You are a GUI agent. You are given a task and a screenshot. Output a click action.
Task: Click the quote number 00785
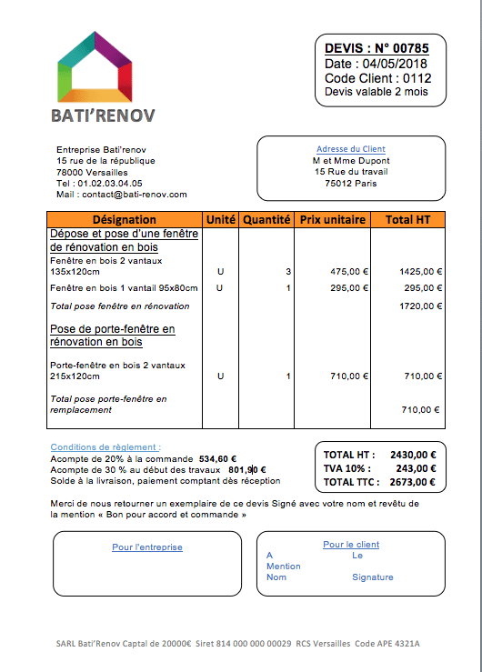coord(408,48)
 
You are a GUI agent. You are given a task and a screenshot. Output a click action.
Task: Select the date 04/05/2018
coord(394,64)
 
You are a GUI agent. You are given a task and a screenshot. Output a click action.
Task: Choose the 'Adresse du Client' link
coord(351,149)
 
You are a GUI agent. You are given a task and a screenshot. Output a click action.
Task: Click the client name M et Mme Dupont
coord(351,160)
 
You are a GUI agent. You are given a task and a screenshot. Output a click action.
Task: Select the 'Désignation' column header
coord(125,220)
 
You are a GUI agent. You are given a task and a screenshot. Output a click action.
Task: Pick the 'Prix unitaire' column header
coord(333,220)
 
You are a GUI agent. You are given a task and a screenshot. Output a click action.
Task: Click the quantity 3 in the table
coord(288,271)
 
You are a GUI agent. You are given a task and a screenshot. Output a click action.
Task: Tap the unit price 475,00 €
coord(349,271)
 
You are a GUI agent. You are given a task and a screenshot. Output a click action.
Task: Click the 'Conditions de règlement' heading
coord(105,447)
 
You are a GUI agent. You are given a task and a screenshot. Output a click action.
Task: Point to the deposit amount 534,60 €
coord(218,459)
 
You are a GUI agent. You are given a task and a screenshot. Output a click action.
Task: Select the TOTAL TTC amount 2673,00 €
coord(414,482)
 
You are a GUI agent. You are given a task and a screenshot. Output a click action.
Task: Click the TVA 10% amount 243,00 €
coord(417,468)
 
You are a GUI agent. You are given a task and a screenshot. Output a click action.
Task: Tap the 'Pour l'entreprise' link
coord(147,547)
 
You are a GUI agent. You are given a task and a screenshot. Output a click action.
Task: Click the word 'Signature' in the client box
coord(373,577)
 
